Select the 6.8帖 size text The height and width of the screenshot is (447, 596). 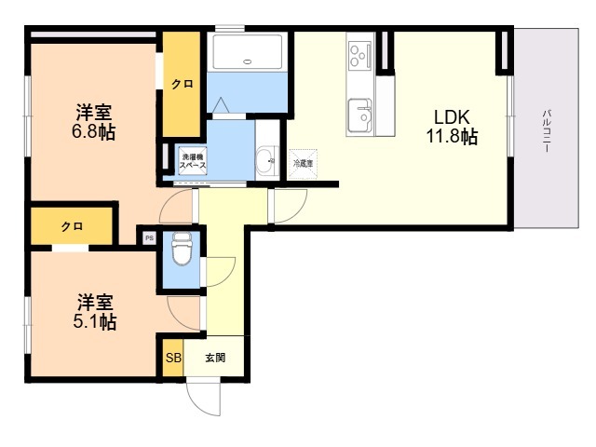(95, 133)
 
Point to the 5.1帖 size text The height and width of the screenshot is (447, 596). (95, 322)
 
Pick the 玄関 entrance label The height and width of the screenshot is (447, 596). (215, 358)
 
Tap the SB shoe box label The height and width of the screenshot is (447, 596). (173, 358)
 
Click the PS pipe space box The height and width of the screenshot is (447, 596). (148, 237)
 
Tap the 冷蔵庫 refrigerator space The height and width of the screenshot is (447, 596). (304, 163)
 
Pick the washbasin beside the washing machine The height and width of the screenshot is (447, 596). (264, 158)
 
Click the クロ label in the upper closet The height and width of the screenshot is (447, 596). (183, 84)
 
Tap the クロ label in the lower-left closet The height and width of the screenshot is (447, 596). (72, 226)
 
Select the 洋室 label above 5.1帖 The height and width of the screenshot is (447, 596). (95, 303)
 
